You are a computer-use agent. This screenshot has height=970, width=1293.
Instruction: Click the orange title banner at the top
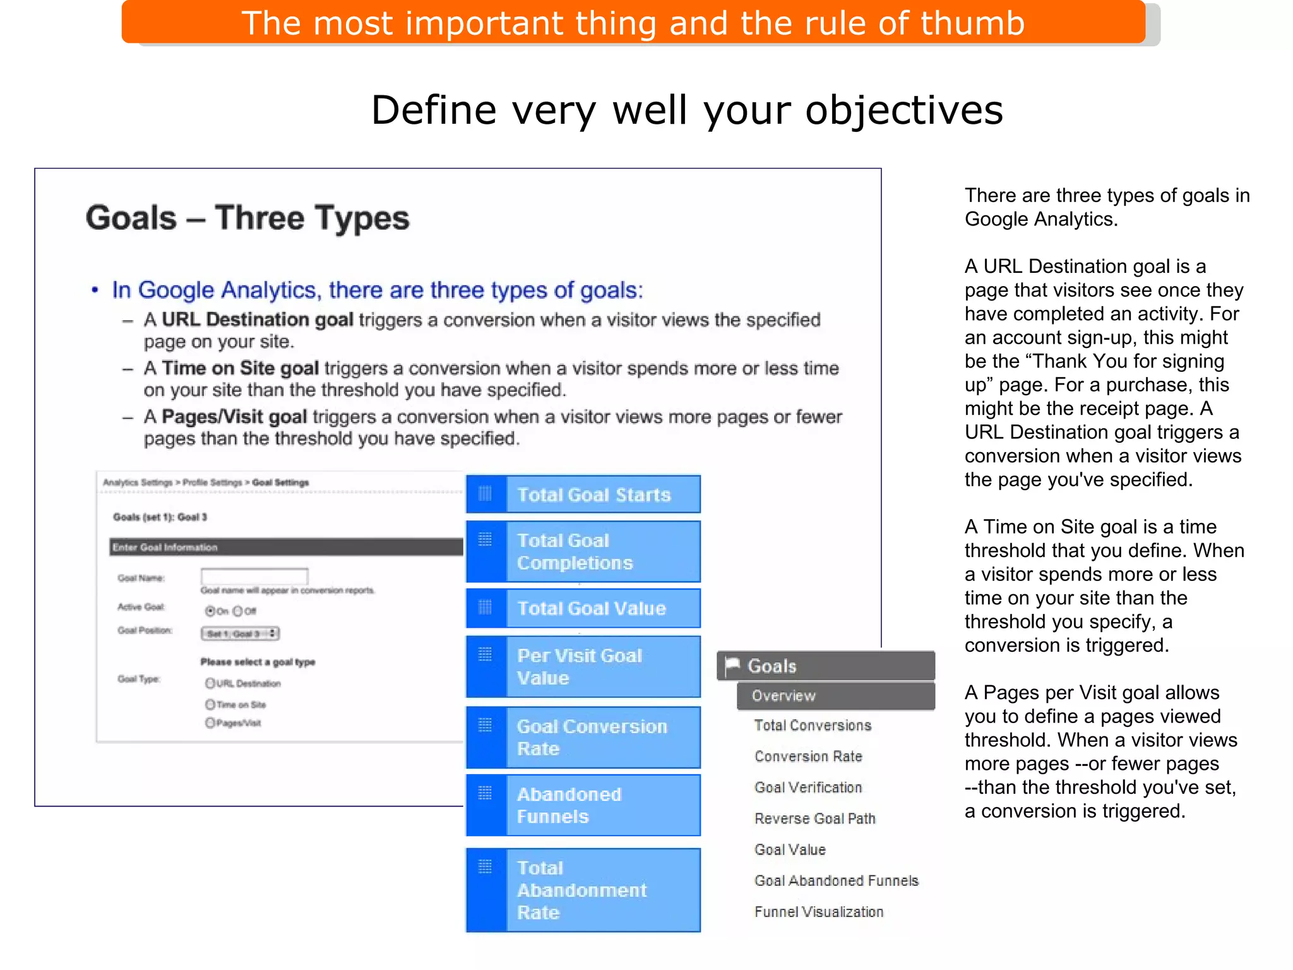click(633, 23)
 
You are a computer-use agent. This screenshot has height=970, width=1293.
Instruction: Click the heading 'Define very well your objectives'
click(687, 111)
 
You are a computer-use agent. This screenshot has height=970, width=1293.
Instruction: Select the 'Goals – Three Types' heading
click(247, 219)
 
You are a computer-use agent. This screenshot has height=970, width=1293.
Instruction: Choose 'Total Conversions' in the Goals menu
click(813, 726)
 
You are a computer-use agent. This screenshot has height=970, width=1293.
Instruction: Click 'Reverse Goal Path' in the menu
click(815, 818)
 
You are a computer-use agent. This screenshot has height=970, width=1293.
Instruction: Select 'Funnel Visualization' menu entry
click(819, 912)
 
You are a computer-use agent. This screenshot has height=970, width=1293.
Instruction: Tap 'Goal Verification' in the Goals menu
click(808, 787)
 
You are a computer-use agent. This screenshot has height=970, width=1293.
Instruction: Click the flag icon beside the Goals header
click(732, 666)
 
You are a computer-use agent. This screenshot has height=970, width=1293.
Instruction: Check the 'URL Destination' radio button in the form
click(210, 683)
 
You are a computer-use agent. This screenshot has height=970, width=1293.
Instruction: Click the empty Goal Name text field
click(254, 576)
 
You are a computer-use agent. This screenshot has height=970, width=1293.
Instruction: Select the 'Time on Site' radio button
click(210, 704)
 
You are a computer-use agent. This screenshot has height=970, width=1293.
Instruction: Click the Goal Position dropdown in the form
click(240, 633)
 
